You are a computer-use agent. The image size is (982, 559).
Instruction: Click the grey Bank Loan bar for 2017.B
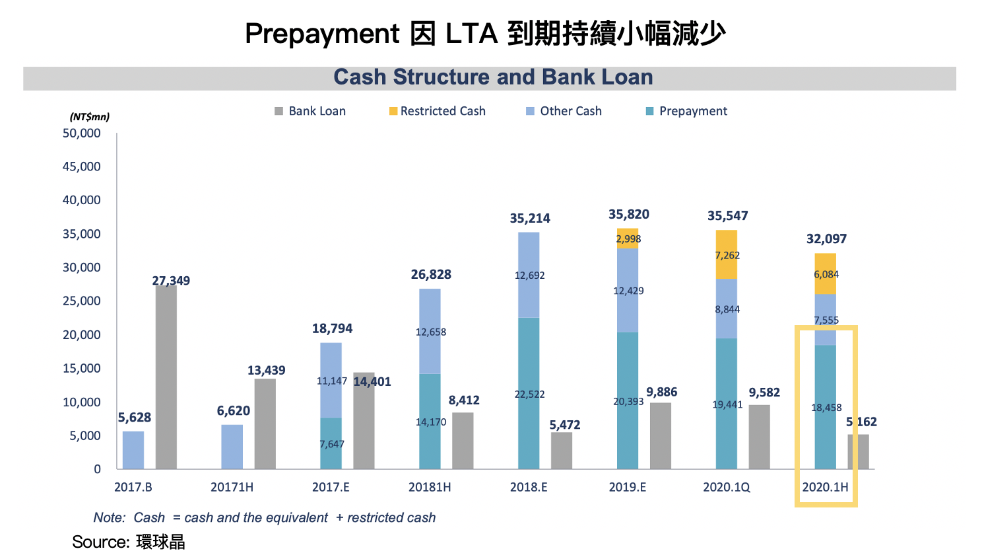point(166,377)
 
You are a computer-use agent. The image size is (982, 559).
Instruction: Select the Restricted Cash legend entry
point(438,111)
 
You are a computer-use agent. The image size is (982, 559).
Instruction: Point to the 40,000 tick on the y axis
point(82,200)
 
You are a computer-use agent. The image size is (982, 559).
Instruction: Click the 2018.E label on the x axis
point(529,487)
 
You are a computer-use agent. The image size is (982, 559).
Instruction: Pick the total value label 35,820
point(628,215)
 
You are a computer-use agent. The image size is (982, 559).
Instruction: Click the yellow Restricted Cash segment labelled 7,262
point(727,255)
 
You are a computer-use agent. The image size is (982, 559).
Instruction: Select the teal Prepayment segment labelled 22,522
point(529,394)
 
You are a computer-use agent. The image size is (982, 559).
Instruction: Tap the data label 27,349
point(171,281)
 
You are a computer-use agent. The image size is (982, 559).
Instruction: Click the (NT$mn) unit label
point(90,117)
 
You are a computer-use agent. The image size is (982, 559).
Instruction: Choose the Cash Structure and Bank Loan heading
point(493,77)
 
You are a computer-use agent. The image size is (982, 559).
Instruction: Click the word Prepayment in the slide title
point(322,34)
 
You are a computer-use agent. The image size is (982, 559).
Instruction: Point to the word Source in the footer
point(100,542)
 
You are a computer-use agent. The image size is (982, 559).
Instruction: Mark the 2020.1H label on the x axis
point(825,487)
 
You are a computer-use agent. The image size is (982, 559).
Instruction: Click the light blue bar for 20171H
point(232,447)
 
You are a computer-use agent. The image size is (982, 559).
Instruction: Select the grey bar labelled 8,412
point(463,441)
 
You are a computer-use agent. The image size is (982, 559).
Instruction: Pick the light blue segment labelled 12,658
point(430,332)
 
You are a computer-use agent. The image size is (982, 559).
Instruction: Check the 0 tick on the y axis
point(98,469)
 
